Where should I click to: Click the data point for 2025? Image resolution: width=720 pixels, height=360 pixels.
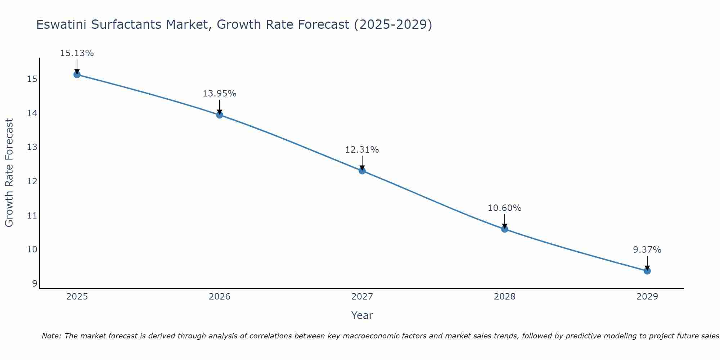point(77,75)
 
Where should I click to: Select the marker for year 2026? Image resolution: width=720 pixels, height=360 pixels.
point(220,115)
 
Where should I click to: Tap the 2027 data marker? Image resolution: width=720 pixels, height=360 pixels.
point(362,171)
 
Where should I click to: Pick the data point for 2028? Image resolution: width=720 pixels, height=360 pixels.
point(505,229)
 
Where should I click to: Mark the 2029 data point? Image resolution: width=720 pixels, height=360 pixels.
point(647,271)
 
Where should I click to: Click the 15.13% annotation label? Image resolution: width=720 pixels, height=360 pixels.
point(77,53)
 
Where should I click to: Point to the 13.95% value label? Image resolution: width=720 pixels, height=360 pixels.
point(219,94)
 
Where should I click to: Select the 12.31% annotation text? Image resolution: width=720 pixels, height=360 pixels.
point(362,150)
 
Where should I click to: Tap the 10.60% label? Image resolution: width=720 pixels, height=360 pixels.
point(504,208)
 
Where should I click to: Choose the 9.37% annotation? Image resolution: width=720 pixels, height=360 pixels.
point(647,250)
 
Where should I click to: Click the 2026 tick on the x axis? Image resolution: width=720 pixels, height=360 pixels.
point(220,297)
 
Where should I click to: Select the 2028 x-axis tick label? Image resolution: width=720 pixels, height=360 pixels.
point(505,297)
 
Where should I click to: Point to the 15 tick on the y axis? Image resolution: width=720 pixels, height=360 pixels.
point(32,79)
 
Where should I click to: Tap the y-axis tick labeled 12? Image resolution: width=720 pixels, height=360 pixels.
point(32,181)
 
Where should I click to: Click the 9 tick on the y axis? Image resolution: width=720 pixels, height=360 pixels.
point(35,284)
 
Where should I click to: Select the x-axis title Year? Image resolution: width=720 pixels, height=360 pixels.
point(362,315)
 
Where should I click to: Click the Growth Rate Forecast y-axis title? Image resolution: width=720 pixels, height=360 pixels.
point(9,173)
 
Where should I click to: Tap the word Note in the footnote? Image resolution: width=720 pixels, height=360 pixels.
point(51,336)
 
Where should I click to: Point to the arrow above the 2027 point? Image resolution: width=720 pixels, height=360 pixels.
point(362,163)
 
